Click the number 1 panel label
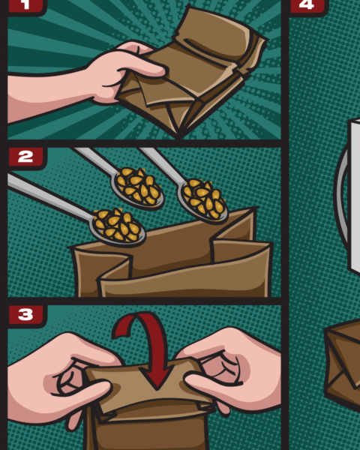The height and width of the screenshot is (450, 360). pyautogui.click(x=26, y=6)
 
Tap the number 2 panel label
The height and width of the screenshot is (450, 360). pyautogui.click(x=25, y=157)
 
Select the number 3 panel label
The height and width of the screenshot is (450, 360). pyautogui.click(x=25, y=314)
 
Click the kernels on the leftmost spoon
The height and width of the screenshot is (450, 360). pyautogui.click(x=118, y=225)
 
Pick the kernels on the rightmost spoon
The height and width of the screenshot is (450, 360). pyautogui.click(x=205, y=199)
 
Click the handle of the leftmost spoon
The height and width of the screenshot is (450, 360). pyautogui.click(x=49, y=196)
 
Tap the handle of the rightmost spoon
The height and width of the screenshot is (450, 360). pyautogui.click(x=163, y=165)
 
